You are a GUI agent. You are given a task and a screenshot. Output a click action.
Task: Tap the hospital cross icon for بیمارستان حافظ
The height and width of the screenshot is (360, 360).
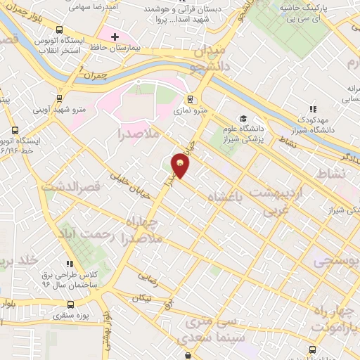(115, 36)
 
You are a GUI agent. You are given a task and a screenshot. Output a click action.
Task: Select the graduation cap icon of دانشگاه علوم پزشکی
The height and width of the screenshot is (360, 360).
(243, 119)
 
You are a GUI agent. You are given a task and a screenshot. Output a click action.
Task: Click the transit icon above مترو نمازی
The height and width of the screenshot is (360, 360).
(190, 100)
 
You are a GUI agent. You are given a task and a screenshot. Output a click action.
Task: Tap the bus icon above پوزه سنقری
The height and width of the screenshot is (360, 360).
(71, 305)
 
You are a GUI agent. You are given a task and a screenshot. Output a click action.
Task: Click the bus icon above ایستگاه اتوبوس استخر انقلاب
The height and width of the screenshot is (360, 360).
(58, 31)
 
